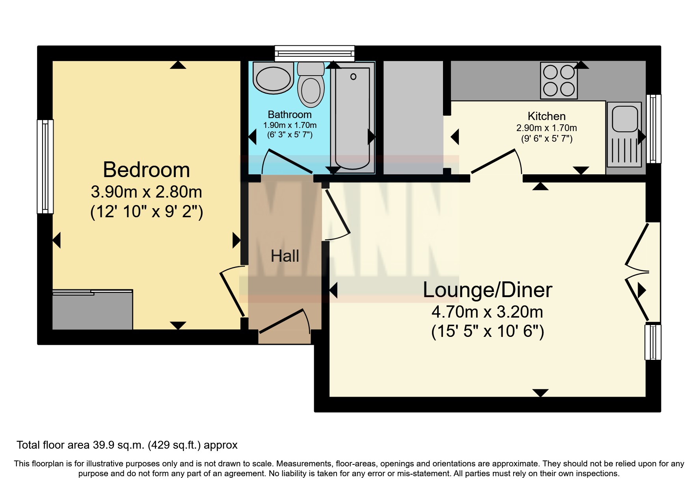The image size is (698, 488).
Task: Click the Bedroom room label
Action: click(146, 170)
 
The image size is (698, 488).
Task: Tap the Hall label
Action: click(285, 256)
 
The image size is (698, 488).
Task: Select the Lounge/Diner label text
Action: click(487, 290)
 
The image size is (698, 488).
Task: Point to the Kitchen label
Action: click(547, 116)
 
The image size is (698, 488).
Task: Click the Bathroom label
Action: click(290, 115)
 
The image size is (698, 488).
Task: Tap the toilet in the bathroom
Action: click(311, 84)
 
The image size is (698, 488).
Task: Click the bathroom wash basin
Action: click(273, 78)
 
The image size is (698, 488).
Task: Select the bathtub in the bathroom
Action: click(352, 117)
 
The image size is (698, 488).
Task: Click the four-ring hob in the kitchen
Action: click(559, 80)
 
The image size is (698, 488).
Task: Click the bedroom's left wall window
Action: click(45, 166)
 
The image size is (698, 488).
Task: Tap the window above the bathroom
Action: click(315, 54)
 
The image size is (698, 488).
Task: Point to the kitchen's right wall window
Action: click(653, 129)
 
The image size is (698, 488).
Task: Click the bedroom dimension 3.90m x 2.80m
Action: click(146, 192)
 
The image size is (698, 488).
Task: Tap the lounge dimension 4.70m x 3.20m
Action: click(487, 312)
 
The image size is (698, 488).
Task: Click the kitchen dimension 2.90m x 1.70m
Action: click(547, 128)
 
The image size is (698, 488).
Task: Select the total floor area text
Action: click(127, 445)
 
